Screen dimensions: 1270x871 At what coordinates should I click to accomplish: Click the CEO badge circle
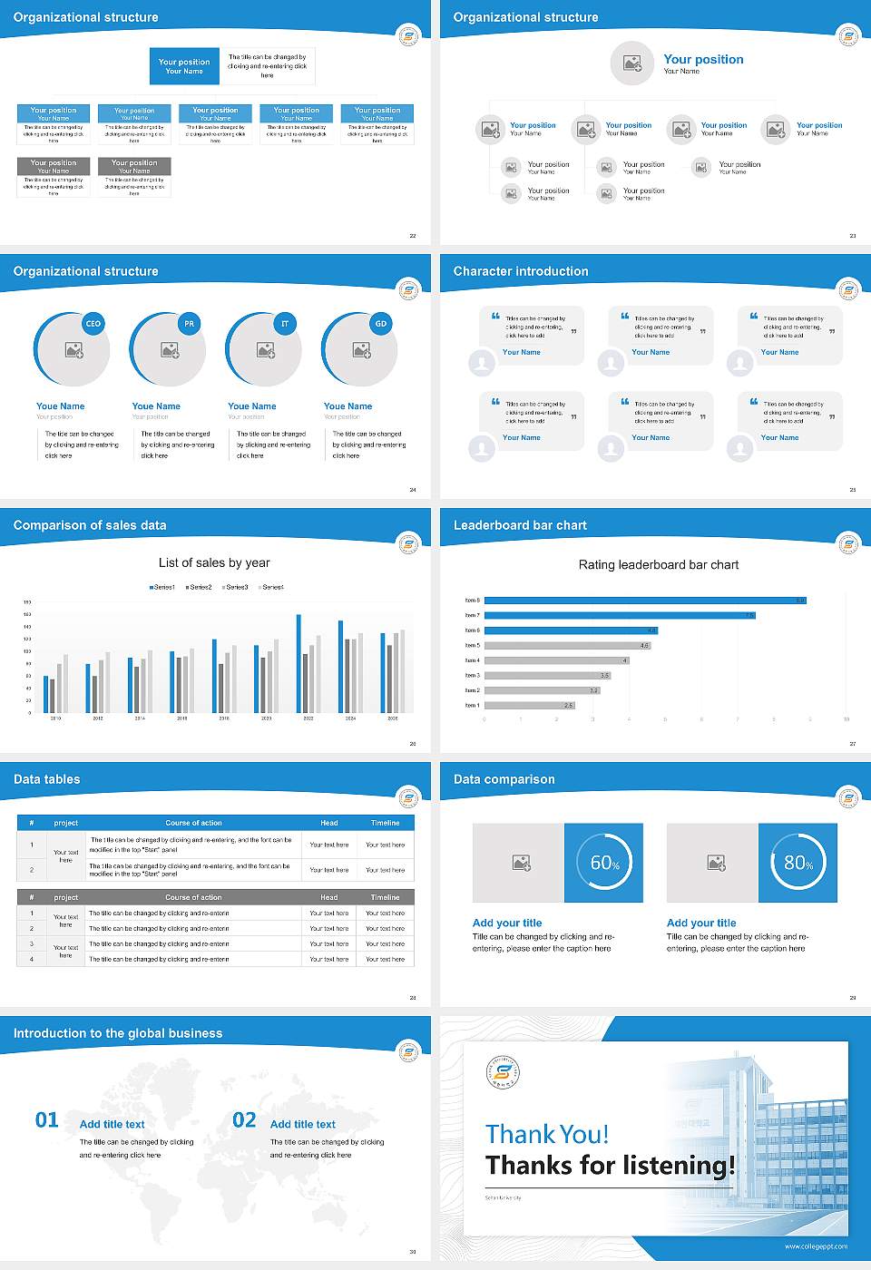tap(93, 324)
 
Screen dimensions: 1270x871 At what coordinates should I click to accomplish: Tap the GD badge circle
tap(381, 324)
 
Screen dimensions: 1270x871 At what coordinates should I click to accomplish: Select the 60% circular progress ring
tap(604, 863)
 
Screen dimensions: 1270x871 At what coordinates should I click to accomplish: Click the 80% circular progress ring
tap(798, 863)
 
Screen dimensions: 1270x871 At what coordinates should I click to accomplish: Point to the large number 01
tap(47, 1120)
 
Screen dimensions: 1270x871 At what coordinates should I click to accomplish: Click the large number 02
tap(244, 1120)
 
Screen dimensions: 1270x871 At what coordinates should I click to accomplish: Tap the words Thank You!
tap(547, 1134)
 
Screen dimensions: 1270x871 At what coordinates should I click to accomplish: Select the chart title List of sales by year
tap(214, 562)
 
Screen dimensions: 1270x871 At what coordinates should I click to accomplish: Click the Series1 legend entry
tap(162, 587)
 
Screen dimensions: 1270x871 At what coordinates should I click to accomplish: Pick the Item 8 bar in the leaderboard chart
tap(644, 601)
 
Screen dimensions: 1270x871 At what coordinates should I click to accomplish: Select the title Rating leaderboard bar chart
tap(659, 564)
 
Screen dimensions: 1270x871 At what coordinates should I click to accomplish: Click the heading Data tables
tap(47, 779)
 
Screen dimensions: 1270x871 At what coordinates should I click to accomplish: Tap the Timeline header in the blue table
tap(385, 823)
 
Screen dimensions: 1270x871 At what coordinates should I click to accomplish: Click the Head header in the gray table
tap(328, 897)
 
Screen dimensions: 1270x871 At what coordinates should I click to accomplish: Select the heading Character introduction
tap(521, 271)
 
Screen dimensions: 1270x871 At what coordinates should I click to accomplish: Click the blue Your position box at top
tap(184, 66)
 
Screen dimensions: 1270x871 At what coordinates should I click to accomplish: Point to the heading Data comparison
tap(504, 779)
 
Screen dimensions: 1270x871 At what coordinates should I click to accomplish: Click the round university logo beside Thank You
tap(504, 1073)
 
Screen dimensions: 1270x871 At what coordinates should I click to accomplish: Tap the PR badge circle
tap(189, 324)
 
